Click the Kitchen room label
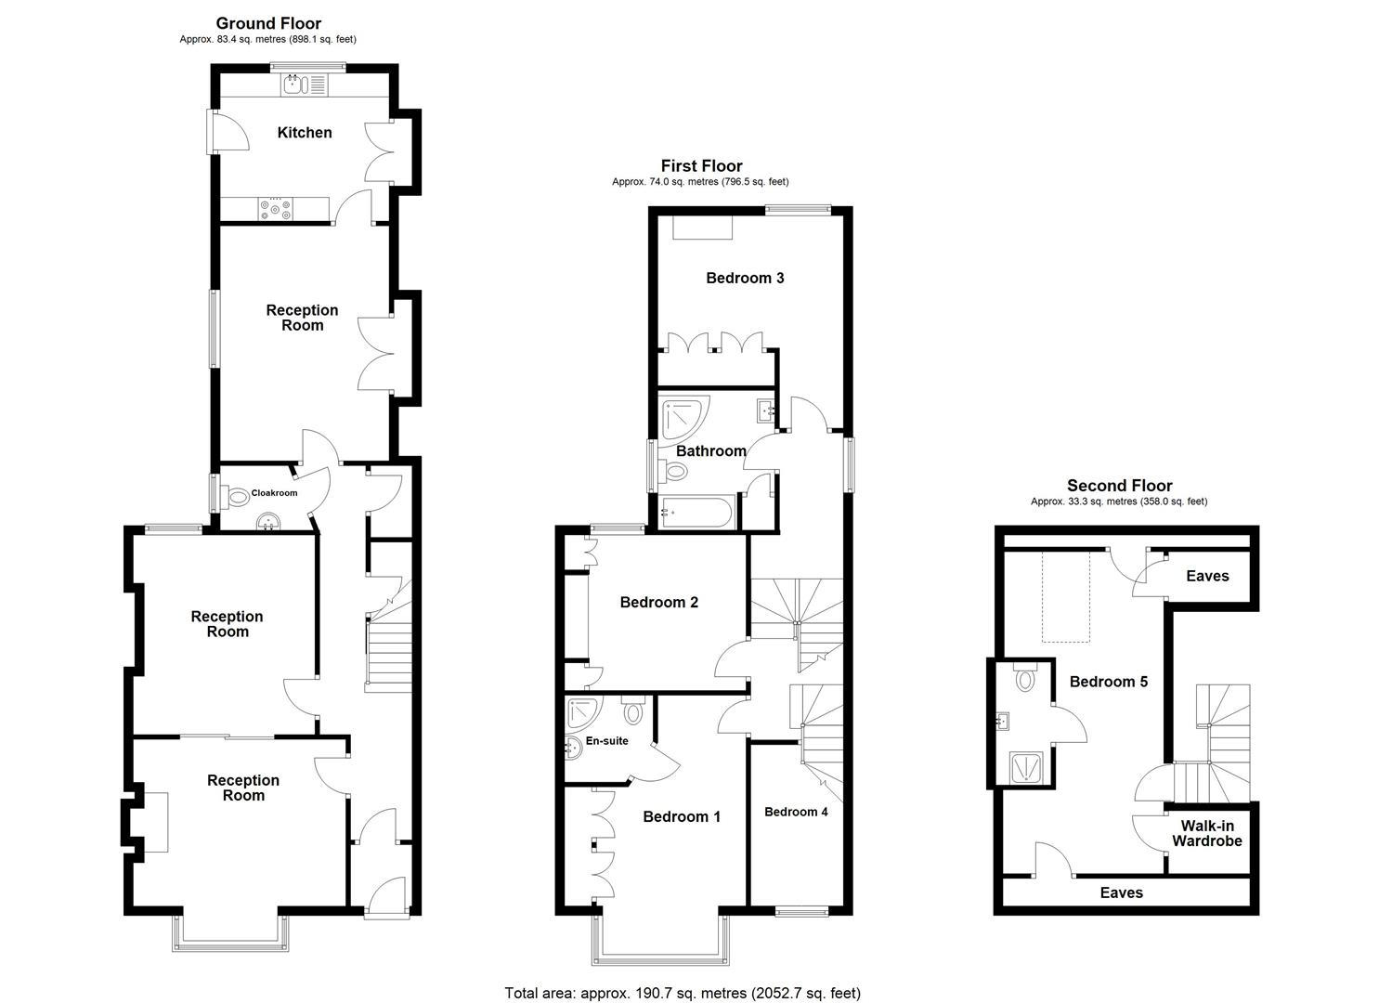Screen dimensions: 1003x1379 pos(305,133)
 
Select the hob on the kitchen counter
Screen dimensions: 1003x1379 pos(276,210)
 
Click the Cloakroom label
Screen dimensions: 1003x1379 pos(274,493)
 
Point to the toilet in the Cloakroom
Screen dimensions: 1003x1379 pos(236,498)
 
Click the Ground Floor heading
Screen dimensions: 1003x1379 pos(268,23)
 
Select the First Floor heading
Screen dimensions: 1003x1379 pos(701,166)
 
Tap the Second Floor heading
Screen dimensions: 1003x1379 pos(1119,486)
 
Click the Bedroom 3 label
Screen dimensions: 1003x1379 pos(745,278)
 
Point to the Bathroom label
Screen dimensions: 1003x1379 pos(710,451)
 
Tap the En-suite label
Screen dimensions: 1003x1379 pos(606,741)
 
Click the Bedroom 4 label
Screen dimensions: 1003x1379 pos(796,812)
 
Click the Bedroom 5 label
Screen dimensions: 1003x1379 pos(1108,682)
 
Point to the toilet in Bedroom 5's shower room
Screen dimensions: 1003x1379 pos(1025,679)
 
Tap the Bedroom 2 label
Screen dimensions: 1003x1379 pos(658,603)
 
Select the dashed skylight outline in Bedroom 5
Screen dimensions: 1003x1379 pos(1065,595)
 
